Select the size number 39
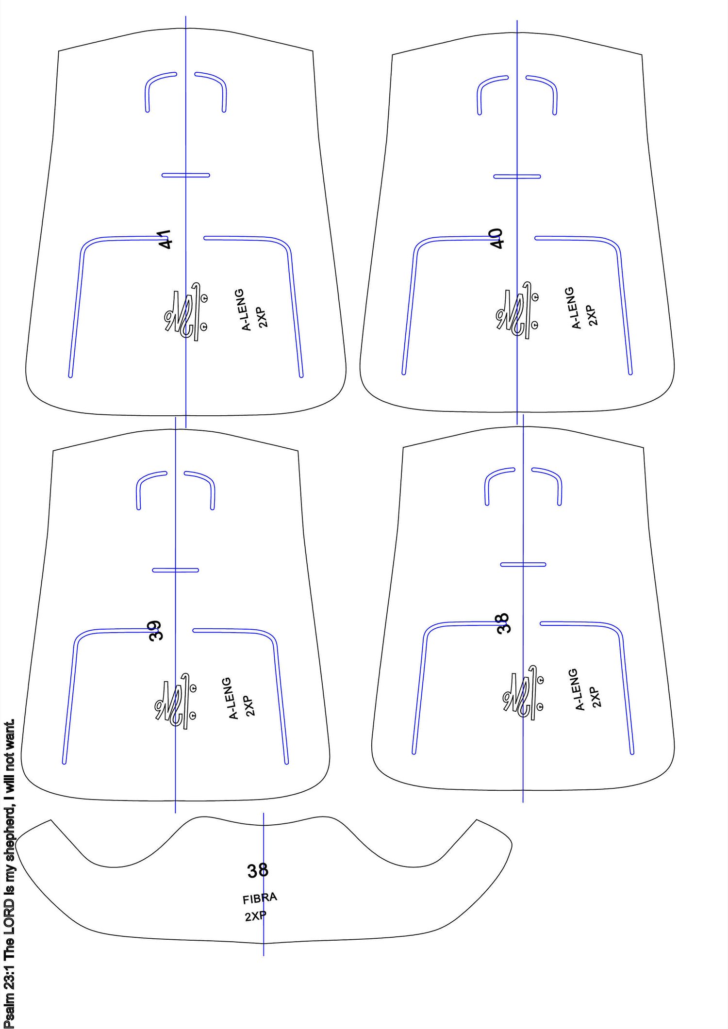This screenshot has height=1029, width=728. [155, 631]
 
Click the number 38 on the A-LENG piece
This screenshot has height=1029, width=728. [504, 623]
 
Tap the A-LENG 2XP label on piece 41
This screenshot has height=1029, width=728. [254, 310]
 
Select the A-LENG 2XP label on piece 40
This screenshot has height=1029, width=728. [584, 308]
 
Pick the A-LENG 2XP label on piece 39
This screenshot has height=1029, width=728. [241, 698]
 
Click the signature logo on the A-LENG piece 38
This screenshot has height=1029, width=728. [523, 693]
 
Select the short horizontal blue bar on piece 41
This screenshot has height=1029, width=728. [186, 175]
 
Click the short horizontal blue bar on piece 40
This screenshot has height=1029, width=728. [517, 177]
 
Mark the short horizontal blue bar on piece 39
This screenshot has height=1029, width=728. [175, 570]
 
